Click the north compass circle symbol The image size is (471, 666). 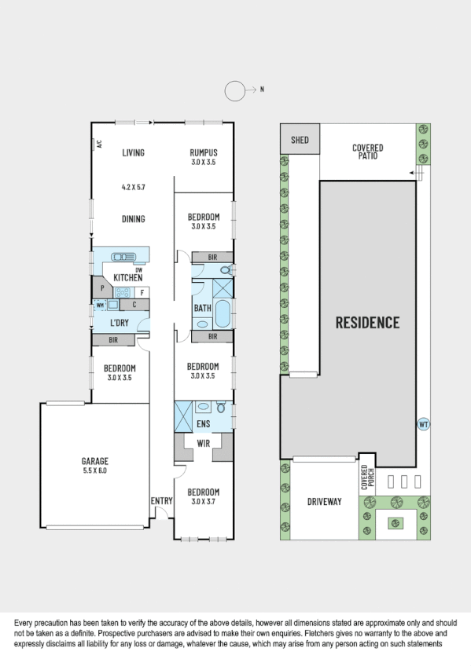click(x=236, y=90)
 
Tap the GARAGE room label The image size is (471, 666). click(x=94, y=461)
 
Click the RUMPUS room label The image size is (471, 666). click(x=203, y=152)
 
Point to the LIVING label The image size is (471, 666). click(x=133, y=152)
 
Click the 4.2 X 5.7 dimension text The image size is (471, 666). click(x=133, y=188)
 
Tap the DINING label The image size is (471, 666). click(x=133, y=219)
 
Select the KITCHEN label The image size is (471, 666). click(x=127, y=278)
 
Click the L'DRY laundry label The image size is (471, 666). click(x=120, y=324)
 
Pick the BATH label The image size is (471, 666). click(x=202, y=308)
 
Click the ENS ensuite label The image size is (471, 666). click(x=203, y=424)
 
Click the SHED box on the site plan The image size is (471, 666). click(x=300, y=141)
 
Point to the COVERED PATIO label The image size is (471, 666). click(x=367, y=152)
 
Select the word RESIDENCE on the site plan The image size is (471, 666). click(x=367, y=322)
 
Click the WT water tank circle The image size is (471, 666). click(x=423, y=424)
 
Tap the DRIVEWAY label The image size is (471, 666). click(x=323, y=501)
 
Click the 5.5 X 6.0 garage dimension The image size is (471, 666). click(x=94, y=471)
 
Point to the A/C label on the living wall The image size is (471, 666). click(x=100, y=145)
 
